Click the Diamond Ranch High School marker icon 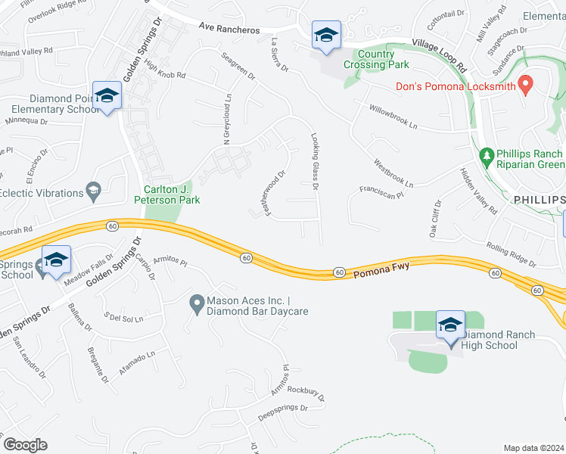451,325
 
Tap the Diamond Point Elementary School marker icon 107,95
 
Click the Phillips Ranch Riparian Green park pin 487,158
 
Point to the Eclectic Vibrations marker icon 94,188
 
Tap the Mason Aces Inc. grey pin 197,305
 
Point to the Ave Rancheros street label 229,26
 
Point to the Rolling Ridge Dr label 511,255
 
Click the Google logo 25,445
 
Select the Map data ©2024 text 533,448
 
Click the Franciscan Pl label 379,189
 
